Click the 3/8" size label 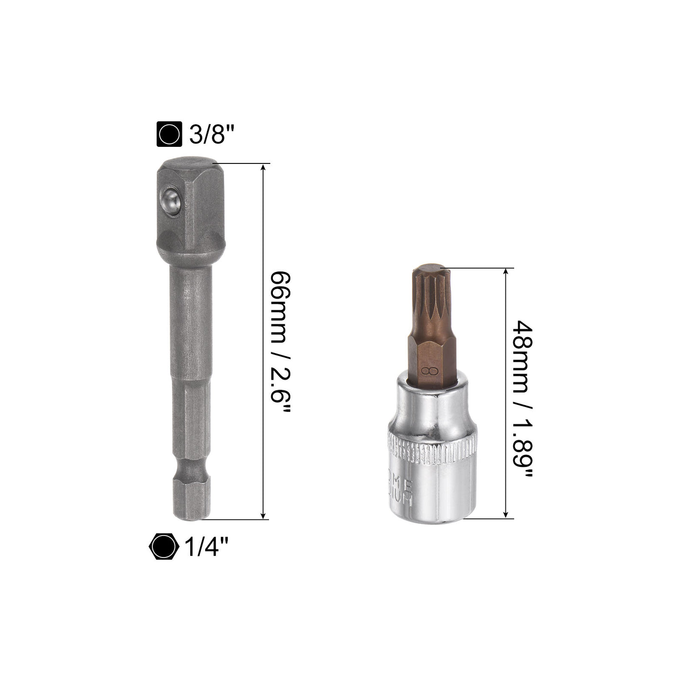(208, 133)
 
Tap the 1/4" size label (206, 548)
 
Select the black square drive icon (169, 133)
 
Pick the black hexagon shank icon (162, 548)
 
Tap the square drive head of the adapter (190, 204)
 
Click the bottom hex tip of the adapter (190, 501)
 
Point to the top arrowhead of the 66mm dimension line (264, 168)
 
